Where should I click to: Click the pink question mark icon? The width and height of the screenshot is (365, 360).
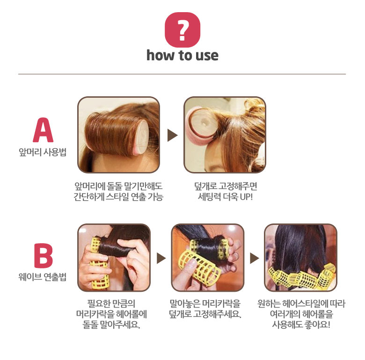coord(182,30)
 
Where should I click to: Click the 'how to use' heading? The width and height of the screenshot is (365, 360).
coord(182,56)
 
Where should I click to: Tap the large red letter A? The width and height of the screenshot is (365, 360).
coord(43,130)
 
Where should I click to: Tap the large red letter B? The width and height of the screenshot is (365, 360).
coord(44,256)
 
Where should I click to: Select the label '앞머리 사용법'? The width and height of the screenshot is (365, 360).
coord(43,152)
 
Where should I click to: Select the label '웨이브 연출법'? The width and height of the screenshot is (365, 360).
coord(43,277)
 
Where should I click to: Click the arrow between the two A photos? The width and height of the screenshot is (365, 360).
coord(172,135)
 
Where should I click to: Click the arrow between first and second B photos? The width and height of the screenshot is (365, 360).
coord(161,258)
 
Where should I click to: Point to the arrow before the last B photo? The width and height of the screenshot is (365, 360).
coord(255,258)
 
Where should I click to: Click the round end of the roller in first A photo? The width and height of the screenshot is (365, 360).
coord(143,137)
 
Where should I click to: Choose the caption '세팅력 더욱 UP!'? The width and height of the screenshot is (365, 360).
coord(226,197)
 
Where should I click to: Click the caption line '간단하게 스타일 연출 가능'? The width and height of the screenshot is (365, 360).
coord(118,197)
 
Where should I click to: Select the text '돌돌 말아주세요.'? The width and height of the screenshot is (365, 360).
coord(111,324)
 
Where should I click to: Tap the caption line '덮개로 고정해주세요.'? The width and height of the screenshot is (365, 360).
coord(205,314)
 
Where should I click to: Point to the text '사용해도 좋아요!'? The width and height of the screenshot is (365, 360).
coord(301,324)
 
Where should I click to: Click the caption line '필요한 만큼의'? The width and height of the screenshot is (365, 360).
coord(111,303)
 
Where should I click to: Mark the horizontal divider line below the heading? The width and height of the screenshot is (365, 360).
coord(182,74)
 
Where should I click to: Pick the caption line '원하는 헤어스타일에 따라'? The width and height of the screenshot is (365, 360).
coord(301,303)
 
